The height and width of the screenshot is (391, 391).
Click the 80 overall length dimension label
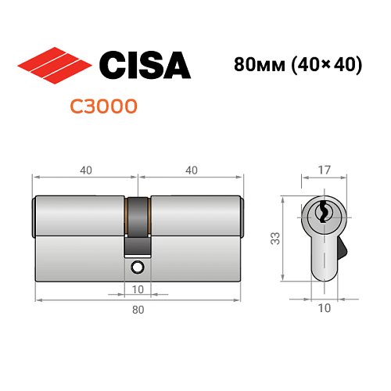point(138,310)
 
